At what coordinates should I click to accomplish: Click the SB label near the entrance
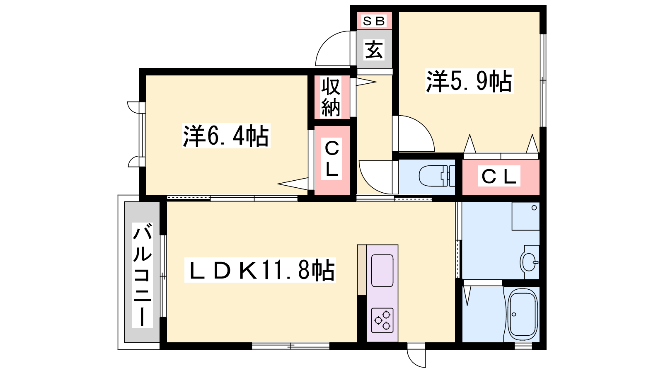point(374,21)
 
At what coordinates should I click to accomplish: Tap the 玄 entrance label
point(374,49)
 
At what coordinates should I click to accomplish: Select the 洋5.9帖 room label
point(469,81)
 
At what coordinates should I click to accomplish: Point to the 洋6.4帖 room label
point(226,136)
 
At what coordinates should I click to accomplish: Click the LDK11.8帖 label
point(260,270)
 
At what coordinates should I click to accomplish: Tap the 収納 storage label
point(331,97)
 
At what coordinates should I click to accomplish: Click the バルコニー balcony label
point(143,275)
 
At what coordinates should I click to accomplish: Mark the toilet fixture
point(437,176)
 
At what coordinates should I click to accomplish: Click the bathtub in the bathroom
point(523,315)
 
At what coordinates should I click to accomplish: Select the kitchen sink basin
point(382,271)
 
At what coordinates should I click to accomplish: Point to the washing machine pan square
point(526,216)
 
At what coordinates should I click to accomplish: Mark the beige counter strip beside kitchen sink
point(362,270)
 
